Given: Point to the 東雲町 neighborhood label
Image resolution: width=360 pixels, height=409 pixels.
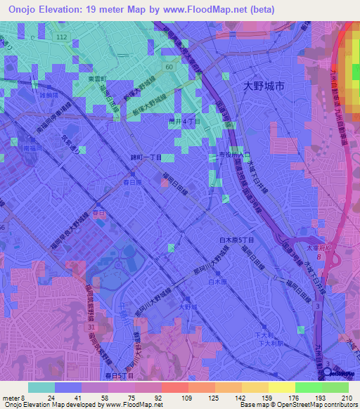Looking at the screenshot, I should coord(96,79).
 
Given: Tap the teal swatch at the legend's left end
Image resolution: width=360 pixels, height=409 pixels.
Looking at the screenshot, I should coord(41,387).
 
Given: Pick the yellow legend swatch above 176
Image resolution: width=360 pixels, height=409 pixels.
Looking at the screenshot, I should coord(281,387).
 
